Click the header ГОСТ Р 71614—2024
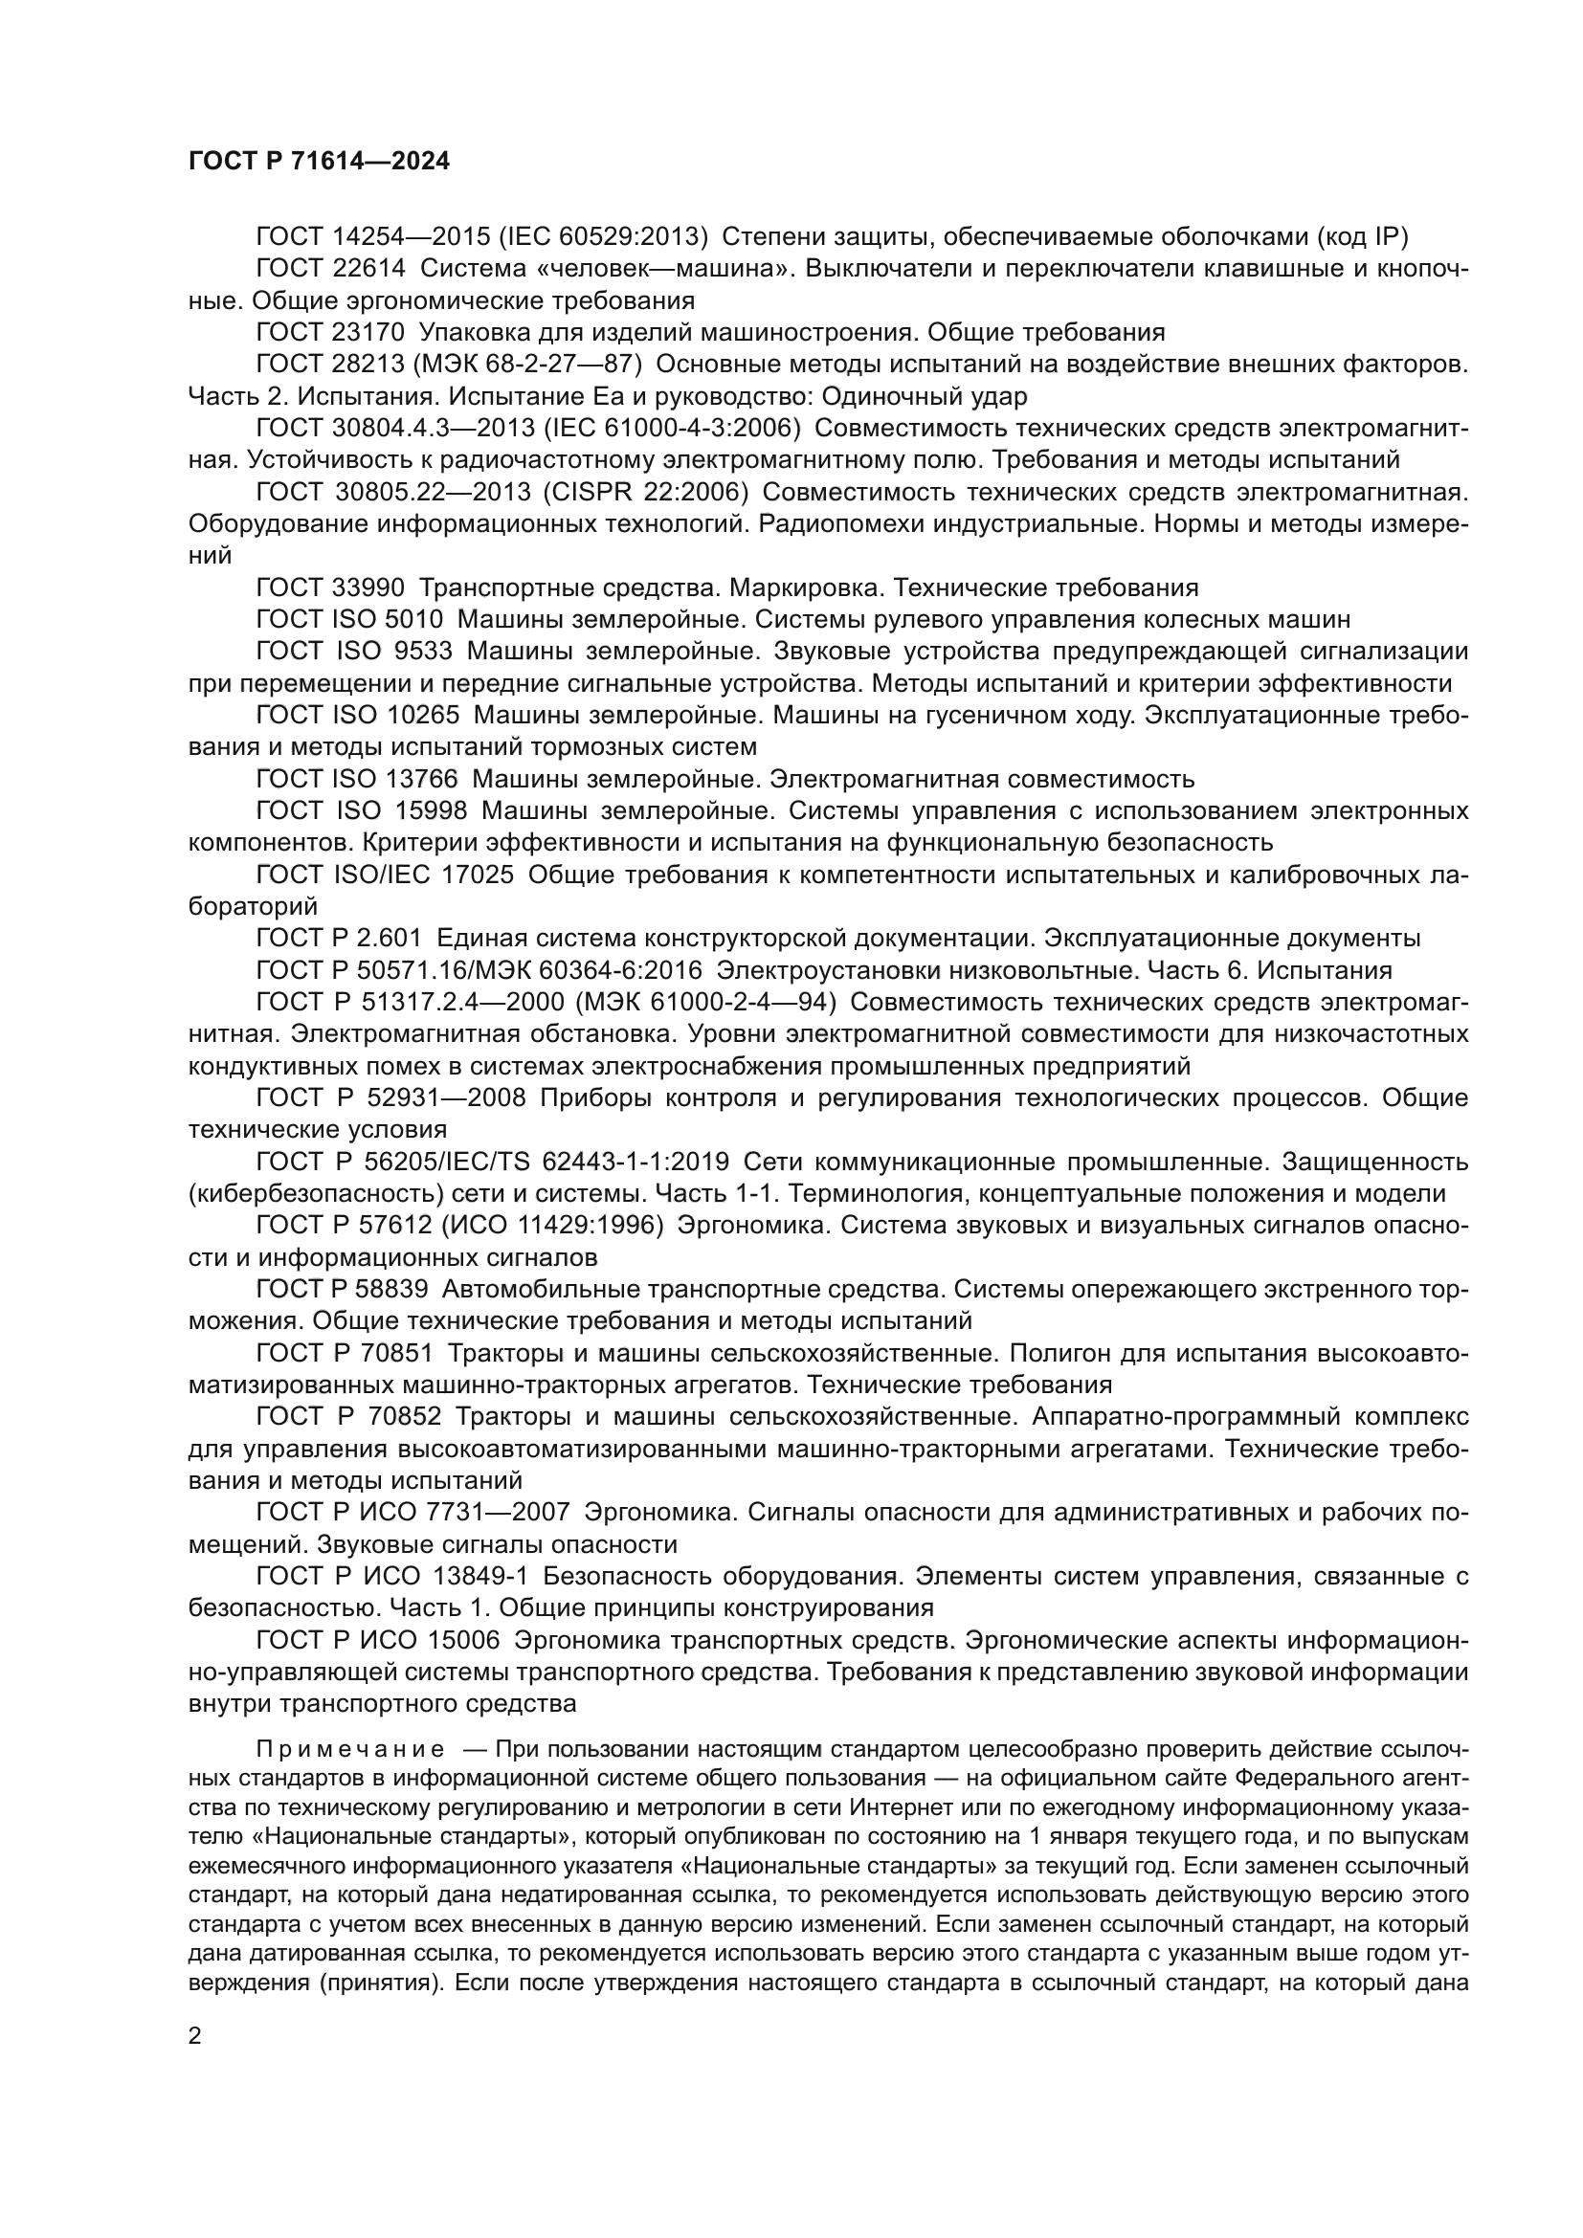319,162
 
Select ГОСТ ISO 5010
349,620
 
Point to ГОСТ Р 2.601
338,939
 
